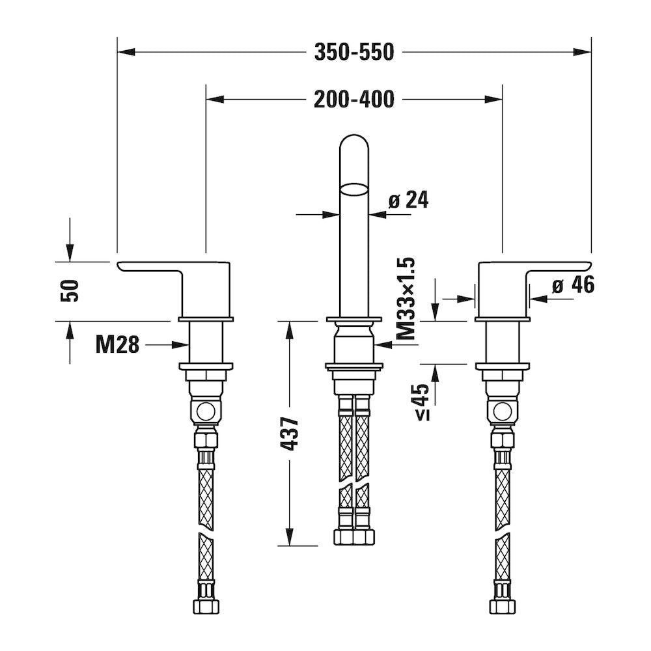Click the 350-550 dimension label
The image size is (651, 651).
tap(353, 52)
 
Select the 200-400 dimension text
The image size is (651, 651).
tap(353, 100)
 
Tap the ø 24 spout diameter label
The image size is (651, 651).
tap(409, 200)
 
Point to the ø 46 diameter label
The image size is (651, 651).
tap(574, 285)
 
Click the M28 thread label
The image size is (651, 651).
tap(117, 344)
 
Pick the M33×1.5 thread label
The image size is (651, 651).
tap(406, 299)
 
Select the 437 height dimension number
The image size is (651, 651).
tap(290, 434)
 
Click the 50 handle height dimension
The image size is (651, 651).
tap(70, 291)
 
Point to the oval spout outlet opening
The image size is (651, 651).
tap(354, 189)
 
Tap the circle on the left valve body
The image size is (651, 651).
tap(206, 413)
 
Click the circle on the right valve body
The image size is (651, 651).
tap(503, 413)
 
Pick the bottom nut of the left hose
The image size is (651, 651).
tap(206, 607)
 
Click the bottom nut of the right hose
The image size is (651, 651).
tap(503, 607)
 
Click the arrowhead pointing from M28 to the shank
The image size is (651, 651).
tap(181, 344)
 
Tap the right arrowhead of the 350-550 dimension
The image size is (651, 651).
tap(582, 52)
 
